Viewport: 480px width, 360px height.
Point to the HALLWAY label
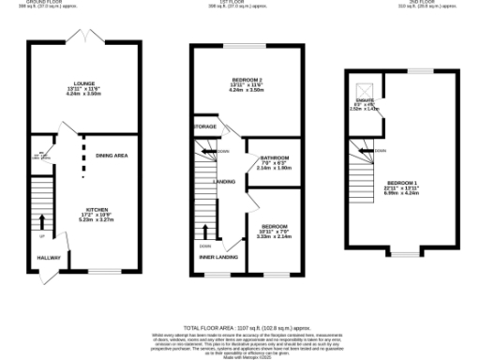click(48, 257)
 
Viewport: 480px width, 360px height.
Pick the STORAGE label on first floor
click(204, 127)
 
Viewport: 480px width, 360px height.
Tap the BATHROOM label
click(275, 157)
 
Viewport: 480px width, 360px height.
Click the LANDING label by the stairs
click(224, 182)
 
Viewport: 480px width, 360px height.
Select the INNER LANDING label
click(217, 256)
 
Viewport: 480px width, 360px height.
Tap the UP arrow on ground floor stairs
click(41, 222)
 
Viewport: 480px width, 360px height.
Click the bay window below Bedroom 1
click(404, 253)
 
